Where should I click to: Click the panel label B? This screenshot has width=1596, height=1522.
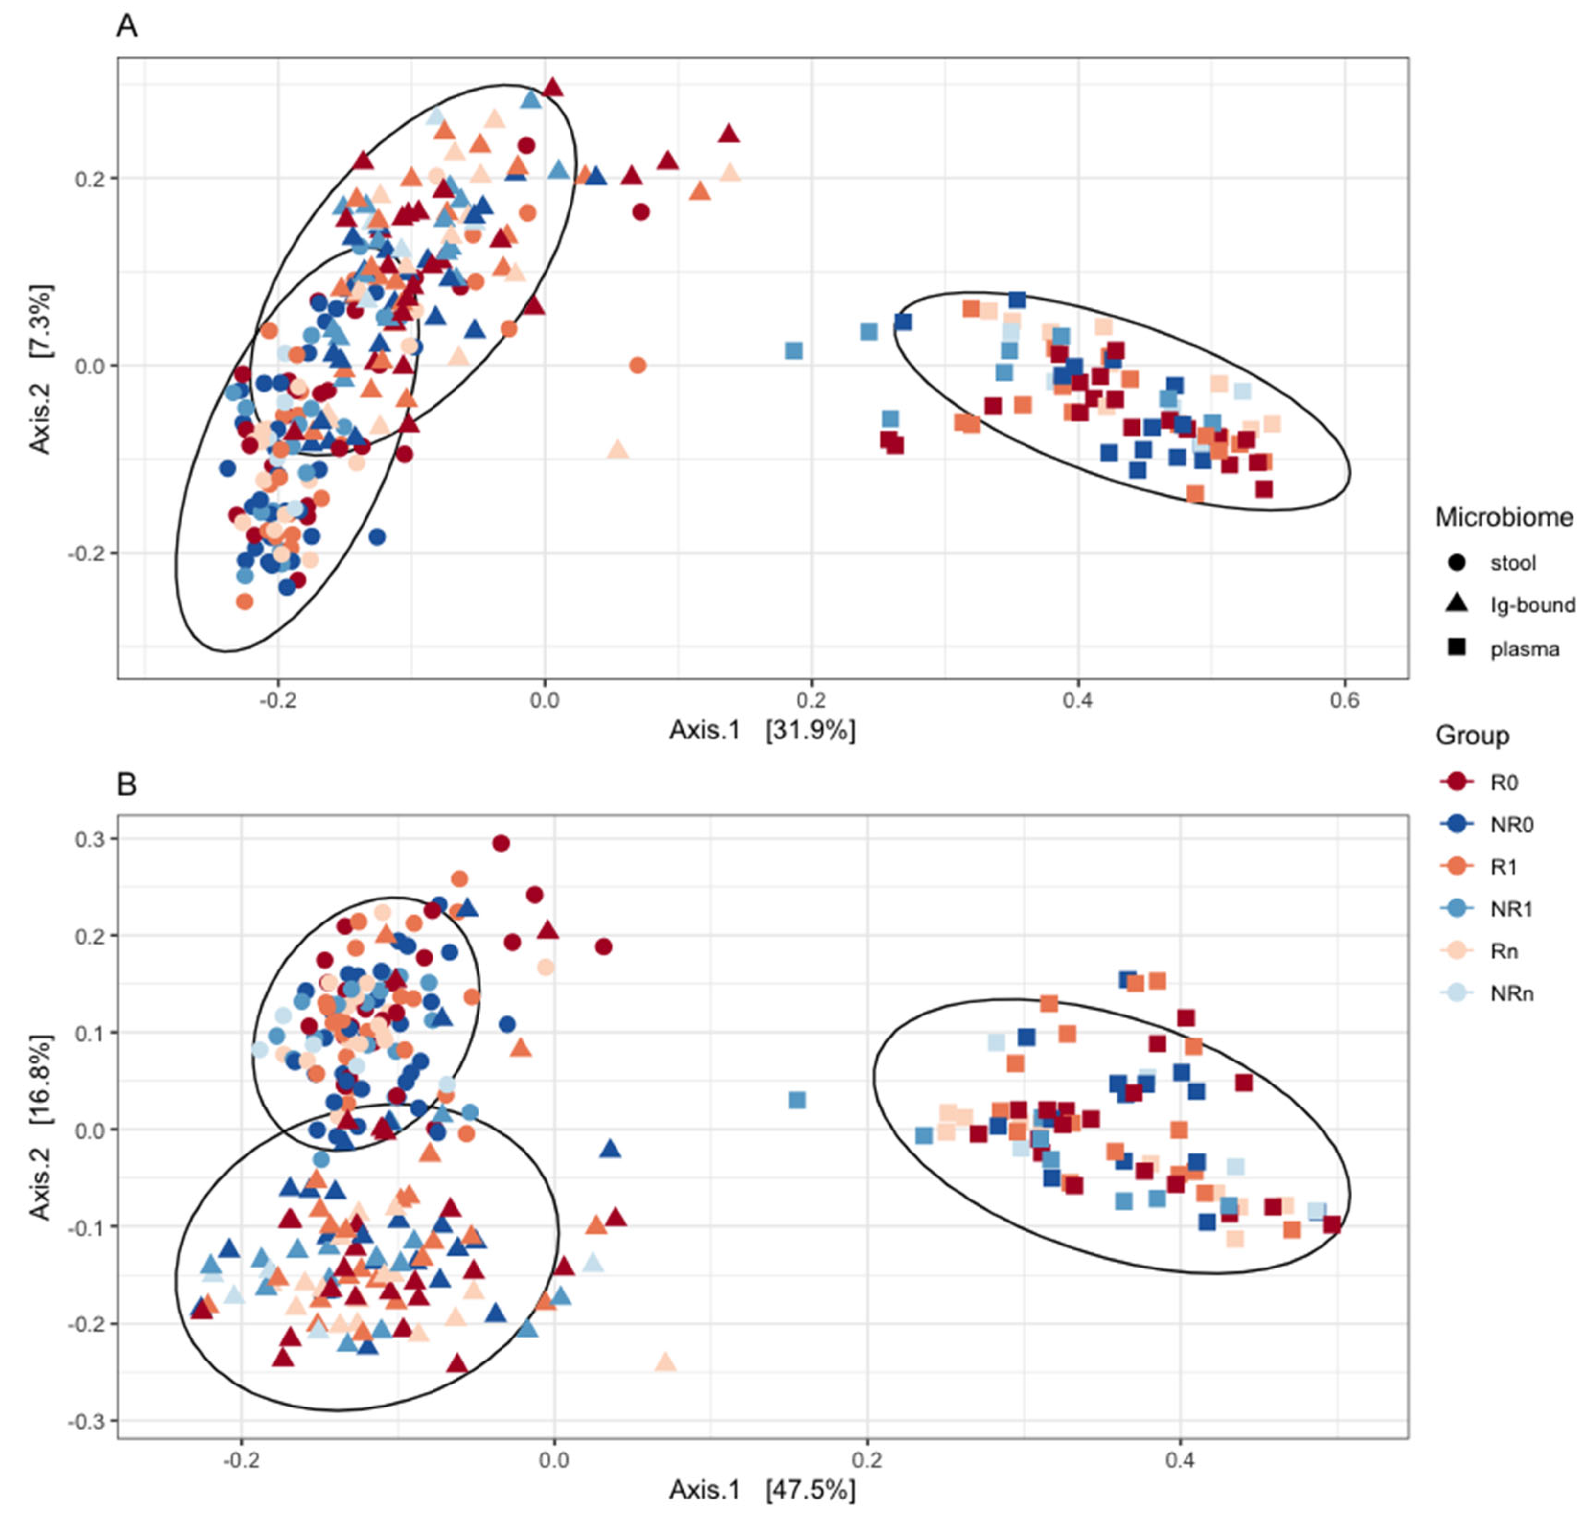pyautogui.click(x=127, y=785)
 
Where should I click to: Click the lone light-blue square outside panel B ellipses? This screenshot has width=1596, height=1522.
pyautogui.click(x=797, y=1100)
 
